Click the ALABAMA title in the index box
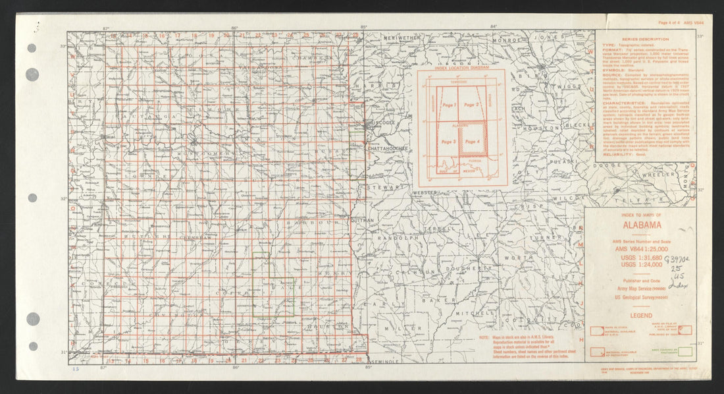click(626, 224)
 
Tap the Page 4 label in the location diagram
click(471, 141)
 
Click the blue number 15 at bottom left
click(76, 370)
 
